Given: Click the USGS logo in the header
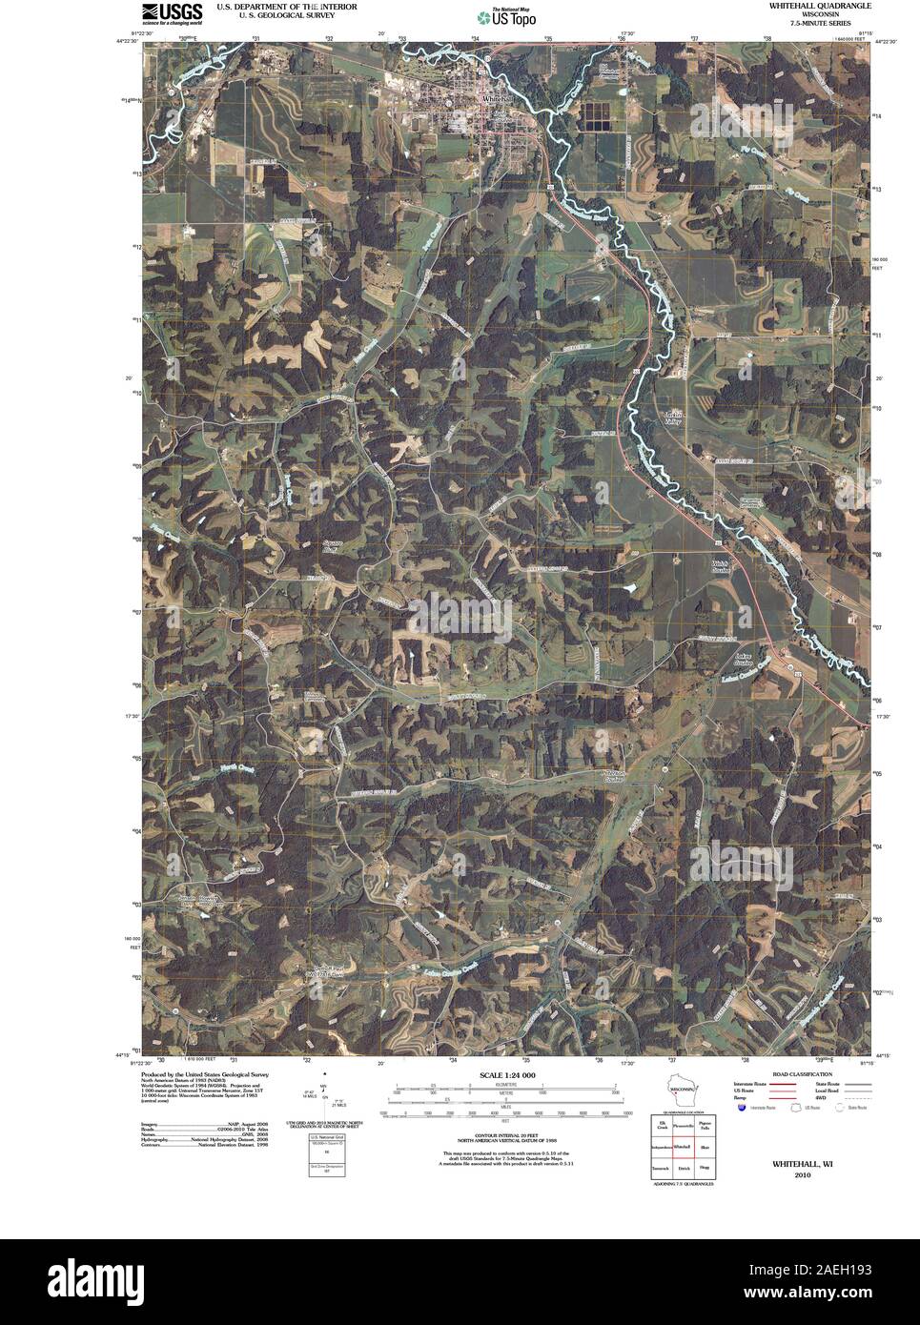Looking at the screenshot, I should pos(173,12).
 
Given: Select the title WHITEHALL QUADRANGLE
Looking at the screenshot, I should pos(819,6).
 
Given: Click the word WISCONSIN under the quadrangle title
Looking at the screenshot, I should pos(819,15).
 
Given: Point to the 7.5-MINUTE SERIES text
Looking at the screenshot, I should pos(819,24).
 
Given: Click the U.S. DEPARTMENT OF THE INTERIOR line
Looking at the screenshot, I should pos(287,6).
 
